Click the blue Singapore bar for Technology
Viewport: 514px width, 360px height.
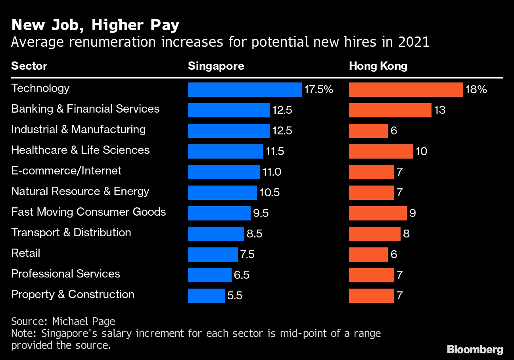pyautogui.click(x=245, y=90)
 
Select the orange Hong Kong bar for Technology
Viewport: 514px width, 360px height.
pyautogui.click(x=406, y=90)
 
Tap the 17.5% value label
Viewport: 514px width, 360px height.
pyautogui.click(x=318, y=90)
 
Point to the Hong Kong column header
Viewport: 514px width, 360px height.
pyautogui.click(x=378, y=66)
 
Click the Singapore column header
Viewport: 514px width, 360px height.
pyautogui.click(x=216, y=66)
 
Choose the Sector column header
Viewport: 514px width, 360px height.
pyautogui.click(x=29, y=66)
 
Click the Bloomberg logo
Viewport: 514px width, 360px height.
pyautogui.click(x=475, y=349)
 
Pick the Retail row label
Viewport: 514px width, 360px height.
pyautogui.click(x=26, y=253)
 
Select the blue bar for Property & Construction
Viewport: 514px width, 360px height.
pyautogui.click(x=206, y=296)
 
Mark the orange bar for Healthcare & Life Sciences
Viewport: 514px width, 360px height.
pyautogui.click(x=381, y=151)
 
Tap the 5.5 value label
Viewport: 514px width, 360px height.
pyautogui.click(x=234, y=296)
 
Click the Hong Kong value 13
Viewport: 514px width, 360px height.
pyautogui.click(x=440, y=110)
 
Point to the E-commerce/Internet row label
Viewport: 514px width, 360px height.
pyautogui.click(x=66, y=170)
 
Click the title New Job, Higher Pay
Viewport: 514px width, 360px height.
pyautogui.click(x=95, y=25)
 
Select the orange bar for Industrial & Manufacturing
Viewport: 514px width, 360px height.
pyautogui.click(x=368, y=131)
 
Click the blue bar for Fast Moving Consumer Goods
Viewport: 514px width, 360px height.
pyautogui.click(x=219, y=213)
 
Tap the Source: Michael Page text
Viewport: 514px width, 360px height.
pyautogui.click(x=63, y=321)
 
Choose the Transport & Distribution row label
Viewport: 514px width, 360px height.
pyautogui.click(x=71, y=232)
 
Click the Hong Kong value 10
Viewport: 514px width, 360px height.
pyautogui.click(x=421, y=151)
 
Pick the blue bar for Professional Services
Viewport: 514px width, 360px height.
pyautogui.click(x=209, y=275)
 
